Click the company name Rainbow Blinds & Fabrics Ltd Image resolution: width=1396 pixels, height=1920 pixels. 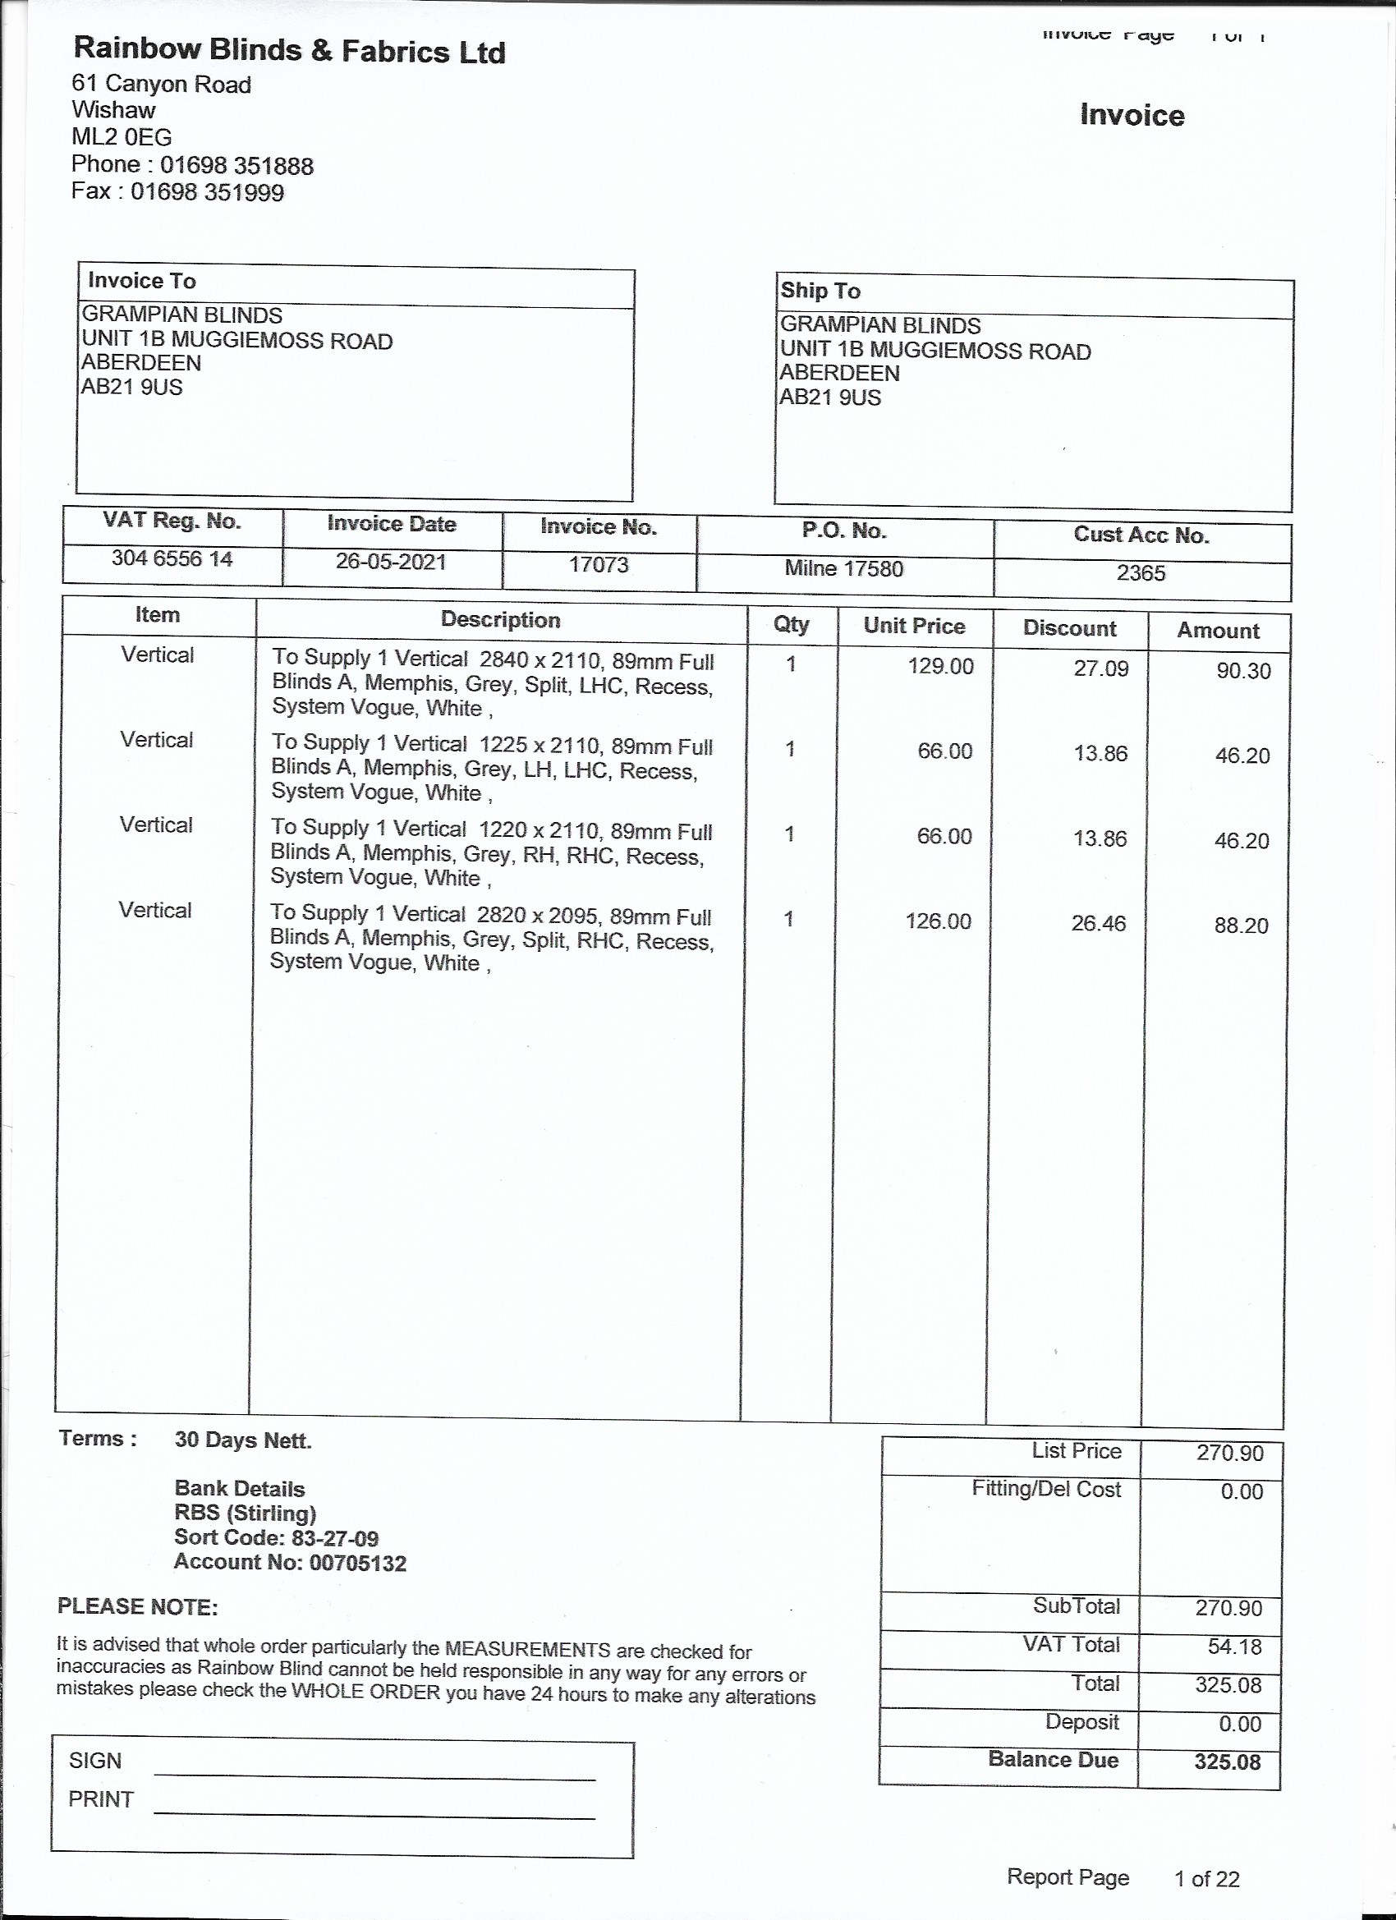click(289, 51)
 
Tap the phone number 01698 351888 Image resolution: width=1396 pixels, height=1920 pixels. click(236, 165)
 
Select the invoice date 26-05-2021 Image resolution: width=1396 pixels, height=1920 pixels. click(390, 562)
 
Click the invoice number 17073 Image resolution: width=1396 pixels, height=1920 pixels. click(599, 565)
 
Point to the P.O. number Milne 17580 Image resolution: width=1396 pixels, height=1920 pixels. click(843, 568)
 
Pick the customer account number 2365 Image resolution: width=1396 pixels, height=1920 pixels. click(1141, 573)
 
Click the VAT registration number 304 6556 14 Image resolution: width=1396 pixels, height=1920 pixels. click(172, 558)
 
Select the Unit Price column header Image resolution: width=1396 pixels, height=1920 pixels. click(913, 626)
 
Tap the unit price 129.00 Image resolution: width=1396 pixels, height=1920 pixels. click(940, 666)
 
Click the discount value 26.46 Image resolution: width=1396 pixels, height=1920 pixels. click(1098, 923)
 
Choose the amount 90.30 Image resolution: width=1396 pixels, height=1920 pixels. click(1242, 671)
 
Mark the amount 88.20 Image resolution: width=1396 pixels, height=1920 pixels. click(1241, 926)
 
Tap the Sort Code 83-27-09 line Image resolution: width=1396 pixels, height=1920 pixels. click(276, 1538)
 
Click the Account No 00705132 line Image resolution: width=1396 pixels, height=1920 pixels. click(290, 1563)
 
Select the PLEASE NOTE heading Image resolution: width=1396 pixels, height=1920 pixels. click(137, 1607)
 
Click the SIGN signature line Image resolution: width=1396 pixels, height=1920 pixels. click(374, 1774)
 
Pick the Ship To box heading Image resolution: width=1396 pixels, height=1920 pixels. click(820, 292)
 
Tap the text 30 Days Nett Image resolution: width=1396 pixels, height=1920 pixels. click(243, 1440)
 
